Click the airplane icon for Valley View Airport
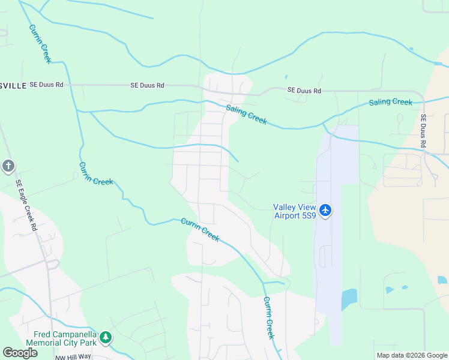tap(325, 210)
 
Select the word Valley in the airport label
tap(286, 207)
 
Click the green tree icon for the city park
tap(106, 337)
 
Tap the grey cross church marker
tap(8, 166)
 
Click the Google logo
tap(20, 353)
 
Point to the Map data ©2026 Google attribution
tap(411, 355)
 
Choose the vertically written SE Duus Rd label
tap(424, 131)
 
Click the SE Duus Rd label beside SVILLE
tap(47, 85)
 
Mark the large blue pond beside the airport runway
tap(349, 299)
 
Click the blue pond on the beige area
tap(442, 280)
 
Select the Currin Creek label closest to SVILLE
tap(40, 43)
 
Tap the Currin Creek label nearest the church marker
tap(96, 173)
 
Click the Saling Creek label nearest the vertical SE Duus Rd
tap(391, 102)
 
